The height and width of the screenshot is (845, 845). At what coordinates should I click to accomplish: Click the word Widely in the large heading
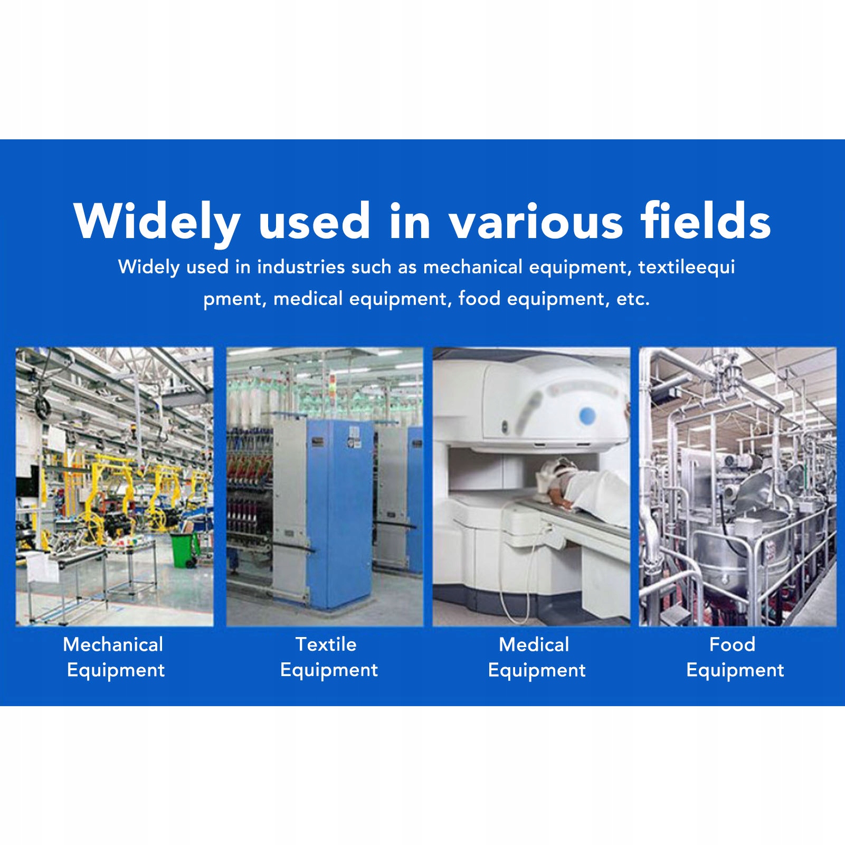coord(157,222)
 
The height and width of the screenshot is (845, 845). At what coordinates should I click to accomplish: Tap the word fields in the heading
coord(706,220)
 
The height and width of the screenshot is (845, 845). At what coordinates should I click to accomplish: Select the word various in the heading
coord(536,221)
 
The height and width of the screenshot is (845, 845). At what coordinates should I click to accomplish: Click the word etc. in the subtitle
coord(633,299)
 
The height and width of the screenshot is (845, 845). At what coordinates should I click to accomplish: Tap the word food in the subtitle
coord(479,298)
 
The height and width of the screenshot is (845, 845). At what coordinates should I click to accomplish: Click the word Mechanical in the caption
coord(113,644)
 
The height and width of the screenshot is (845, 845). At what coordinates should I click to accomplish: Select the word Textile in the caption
coord(326,644)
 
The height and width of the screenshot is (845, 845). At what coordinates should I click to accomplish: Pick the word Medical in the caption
coord(534,644)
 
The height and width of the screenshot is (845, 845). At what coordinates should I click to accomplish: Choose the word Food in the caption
coord(732,644)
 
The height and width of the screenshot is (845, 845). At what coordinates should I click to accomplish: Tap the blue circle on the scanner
coord(587,416)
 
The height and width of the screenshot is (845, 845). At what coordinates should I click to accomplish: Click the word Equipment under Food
coord(735,671)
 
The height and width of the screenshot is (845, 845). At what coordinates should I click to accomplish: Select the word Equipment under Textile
coord(329,671)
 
